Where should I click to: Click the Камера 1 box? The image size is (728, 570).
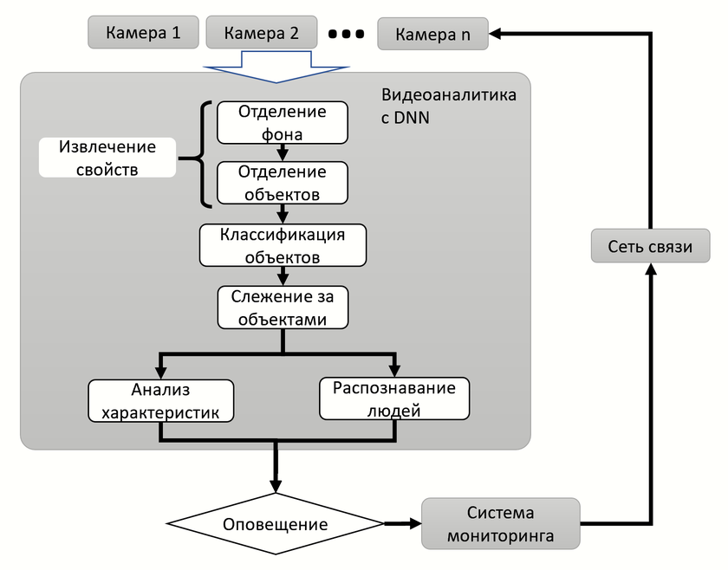pyautogui.click(x=143, y=34)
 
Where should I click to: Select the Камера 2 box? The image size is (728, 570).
pyautogui.click(x=262, y=34)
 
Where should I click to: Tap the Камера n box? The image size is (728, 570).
pyautogui.click(x=432, y=34)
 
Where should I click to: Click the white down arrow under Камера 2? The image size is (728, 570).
pyautogui.click(x=275, y=68)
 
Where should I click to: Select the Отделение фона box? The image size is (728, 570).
pyautogui.click(x=282, y=123)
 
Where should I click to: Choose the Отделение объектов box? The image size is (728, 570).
pyautogui.click(x=282, y=183)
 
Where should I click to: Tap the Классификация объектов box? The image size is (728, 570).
pyautogui.click(x=283, y=246)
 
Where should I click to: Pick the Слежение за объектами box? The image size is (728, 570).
pyautogui.click(x=283, y=308)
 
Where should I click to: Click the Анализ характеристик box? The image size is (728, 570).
pyautogui.click(x=161, y=400)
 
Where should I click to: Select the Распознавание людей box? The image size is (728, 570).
pyautogui.click(x=394, y=398)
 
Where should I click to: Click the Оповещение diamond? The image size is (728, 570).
pyautogui.click(x=275, y=524)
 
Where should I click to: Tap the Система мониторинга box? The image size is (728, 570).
pyautogui.click(x=500, y=523)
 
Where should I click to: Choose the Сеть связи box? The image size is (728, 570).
pyautogui.click(x=650, y=247)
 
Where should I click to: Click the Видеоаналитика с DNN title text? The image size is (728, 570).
pyautogui.click(x=448, y=106)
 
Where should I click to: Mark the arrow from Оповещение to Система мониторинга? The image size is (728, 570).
pyautogui.click(x=401, y=523)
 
